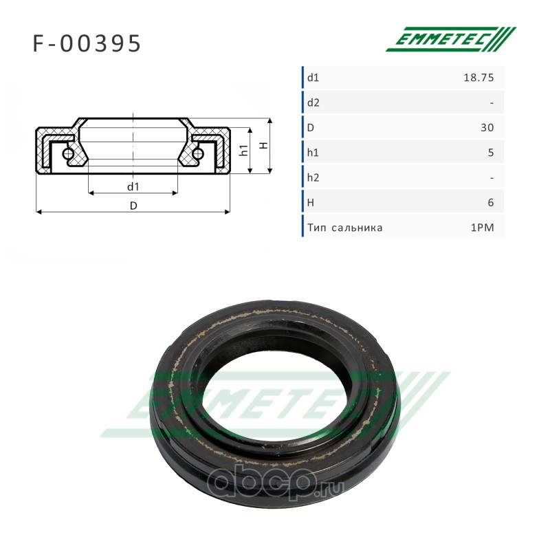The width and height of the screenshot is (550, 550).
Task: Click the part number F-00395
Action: pos(87,44)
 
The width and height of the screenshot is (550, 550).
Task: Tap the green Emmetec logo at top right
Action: pos(451,39)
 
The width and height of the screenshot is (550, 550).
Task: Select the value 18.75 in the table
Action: pos(478,78)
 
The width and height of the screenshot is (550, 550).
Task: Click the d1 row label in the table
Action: pos(313,78)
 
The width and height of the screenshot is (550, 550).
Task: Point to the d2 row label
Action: pos(313,102)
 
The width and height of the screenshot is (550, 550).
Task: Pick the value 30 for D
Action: pos(487,128)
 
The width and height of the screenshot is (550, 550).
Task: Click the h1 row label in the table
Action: pos(313,153)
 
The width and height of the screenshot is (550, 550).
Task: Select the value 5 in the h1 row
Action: pos(491,153)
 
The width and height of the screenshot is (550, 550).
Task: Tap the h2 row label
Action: pos(313,177)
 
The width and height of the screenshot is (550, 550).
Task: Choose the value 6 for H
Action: pos(491,203)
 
